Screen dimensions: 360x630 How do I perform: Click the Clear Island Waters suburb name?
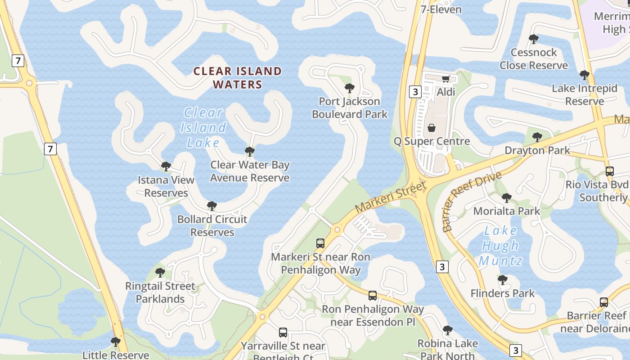[237, 77]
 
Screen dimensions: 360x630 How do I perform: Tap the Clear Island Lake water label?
[203, 127]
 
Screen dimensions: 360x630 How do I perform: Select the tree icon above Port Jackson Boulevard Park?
[349, 88]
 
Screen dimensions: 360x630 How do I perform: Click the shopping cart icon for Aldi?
[445, 79]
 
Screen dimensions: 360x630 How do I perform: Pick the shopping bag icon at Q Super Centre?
[432, 128]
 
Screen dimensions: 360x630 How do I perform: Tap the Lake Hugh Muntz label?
[500, 246]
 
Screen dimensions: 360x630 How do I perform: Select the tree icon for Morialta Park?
[507, 198]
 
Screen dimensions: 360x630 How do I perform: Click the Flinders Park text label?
[503, 293]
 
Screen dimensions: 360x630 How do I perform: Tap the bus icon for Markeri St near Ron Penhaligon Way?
[320, 243]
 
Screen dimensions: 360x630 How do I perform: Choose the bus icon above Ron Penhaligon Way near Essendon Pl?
[373, 296]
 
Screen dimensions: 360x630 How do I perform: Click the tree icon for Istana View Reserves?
[166, 166]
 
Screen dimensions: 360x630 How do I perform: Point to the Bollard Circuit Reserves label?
[212, 225]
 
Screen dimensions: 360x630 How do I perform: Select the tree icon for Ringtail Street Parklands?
[160, 273]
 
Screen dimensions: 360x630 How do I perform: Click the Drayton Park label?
[537, 150]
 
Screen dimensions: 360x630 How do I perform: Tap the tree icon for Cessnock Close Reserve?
[534, 39]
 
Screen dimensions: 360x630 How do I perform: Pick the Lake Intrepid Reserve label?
[585, 94]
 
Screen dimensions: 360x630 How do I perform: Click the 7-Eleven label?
[441, 9]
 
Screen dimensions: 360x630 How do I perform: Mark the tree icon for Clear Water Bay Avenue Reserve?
[250, 152]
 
